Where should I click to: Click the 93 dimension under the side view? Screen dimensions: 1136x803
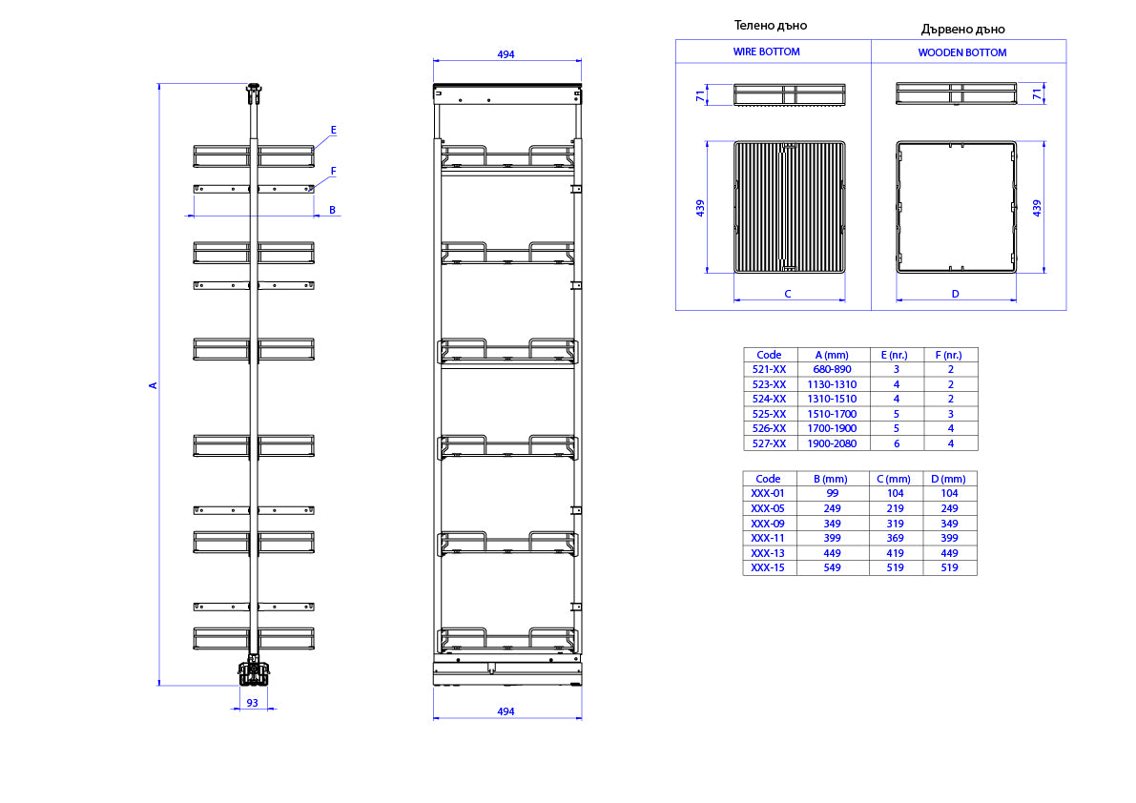click(252, 702)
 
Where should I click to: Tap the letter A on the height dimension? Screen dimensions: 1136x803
click(153, 385)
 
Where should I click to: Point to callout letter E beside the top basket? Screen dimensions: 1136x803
click(333, 131)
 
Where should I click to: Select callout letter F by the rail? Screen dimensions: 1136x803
click(333, 172)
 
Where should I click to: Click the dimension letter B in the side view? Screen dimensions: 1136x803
click(333, 210)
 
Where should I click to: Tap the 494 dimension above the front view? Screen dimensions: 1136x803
click(506, 54)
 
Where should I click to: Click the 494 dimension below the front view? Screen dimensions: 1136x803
click(506, 711)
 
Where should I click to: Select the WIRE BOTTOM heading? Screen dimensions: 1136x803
click(767, 52)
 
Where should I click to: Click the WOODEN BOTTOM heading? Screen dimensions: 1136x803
click(962, 52)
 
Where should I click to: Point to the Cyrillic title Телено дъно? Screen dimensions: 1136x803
click(770, 26)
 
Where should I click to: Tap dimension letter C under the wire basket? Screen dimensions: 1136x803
click(788, 294)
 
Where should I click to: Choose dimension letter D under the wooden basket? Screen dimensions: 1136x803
click(956, 294)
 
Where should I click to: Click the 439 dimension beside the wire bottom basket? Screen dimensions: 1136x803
click(700, 208)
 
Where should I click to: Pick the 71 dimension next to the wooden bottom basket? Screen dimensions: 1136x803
click(1038, 93)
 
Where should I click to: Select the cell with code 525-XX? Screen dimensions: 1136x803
click(769, 414)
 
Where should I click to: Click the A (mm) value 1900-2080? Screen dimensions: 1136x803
click(832, 443)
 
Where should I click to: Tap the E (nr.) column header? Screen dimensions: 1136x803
click(897, 355)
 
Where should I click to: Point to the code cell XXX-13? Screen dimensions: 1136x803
click(768, 553)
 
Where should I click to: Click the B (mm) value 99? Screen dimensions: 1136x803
click(832, 493)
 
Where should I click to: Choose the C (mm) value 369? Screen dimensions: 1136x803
click(896, 538)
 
